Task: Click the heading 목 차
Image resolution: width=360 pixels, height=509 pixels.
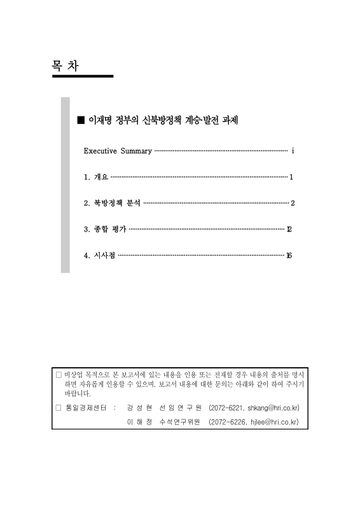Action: pyautogui.click(x=66, y=66)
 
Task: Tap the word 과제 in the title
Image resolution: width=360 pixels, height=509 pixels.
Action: pyautogui.click(x=230, y=120)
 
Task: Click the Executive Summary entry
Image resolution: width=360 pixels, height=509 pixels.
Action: pyautogui.click(x=118, y=151)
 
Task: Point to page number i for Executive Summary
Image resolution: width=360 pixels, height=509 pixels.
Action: pyautogui.click(x=292, y=151)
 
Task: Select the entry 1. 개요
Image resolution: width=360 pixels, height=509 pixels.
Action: pyautogui.click(x=96, y=177)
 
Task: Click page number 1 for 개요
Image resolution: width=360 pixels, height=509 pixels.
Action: pyautogui.click(x=291, y=177)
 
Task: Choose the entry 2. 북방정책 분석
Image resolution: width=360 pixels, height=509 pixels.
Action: pyautogui.click(x=112, y=203)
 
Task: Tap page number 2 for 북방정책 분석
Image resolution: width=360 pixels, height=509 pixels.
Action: pyautogui.click(x=292, y=203)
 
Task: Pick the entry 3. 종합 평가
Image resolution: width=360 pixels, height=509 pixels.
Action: pyautogui.click(x=105, y=229)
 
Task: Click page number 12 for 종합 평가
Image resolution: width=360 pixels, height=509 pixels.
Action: pyautogui.click(x=289, y=229)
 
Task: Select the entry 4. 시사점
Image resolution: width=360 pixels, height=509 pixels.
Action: pyautogui.click(x=100, y=255)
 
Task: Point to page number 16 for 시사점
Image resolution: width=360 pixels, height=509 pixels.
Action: pyautogui.click(x=289, y=255)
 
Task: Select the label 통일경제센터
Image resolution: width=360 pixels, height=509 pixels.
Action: pyautogui.click(x=83, y=407)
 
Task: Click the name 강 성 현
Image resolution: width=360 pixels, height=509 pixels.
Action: pyautogui.click(x=139, y=407)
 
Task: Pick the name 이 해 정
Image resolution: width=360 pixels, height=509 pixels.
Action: pyautogui.click(x=139, y=421)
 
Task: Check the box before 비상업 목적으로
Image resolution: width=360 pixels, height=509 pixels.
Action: pyautogui.click(x=59, y=375)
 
